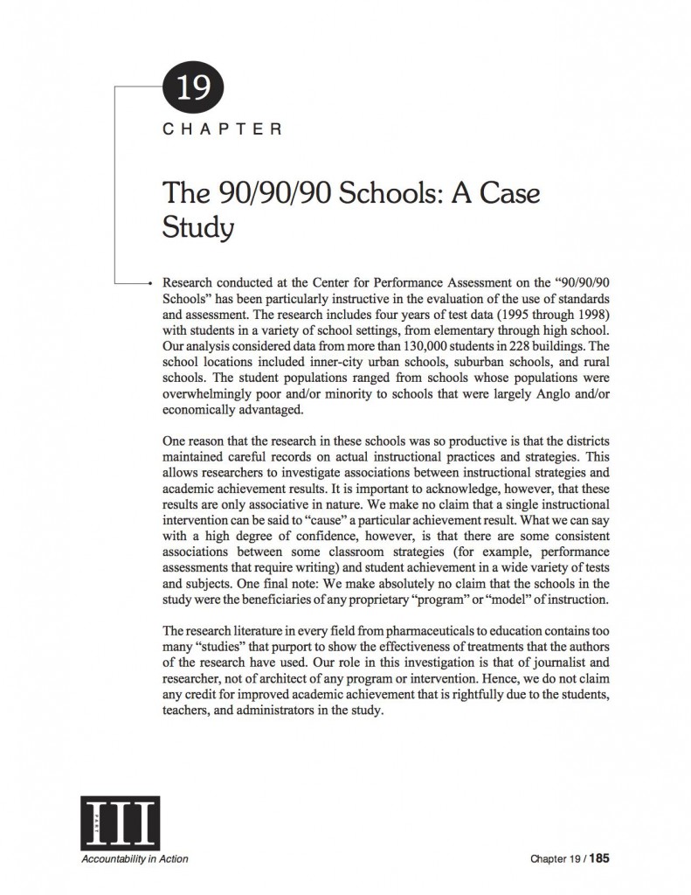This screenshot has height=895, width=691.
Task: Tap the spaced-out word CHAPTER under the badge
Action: pyautogui.click(x=222, y=129)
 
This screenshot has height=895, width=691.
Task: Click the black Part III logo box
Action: pyautogui.click(x=118, y=821)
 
